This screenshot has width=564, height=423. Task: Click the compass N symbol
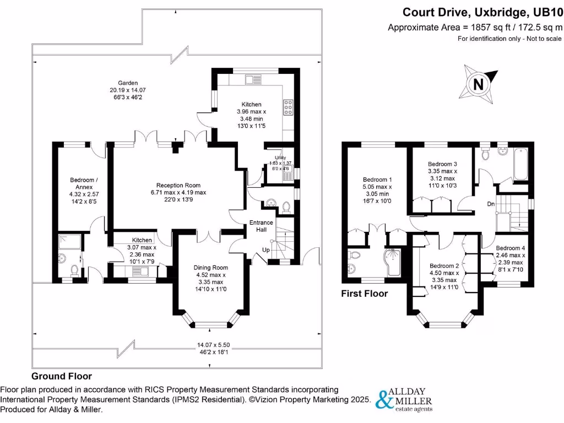click(x=478, y=84)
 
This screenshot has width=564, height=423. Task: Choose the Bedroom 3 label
click(x=442, y=164)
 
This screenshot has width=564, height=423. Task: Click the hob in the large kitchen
click(x=288, y=107)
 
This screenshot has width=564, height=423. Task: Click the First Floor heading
click(x=364, y=294)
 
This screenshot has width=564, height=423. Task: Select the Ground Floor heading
click(x=61, y=376)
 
